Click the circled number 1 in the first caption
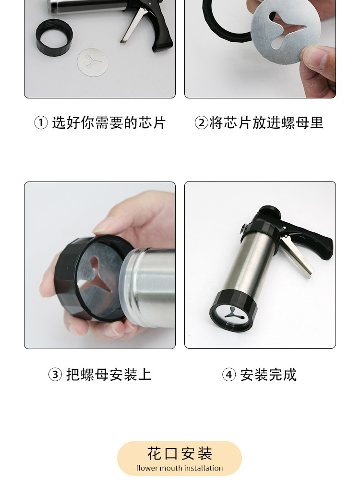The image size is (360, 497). (41, 123)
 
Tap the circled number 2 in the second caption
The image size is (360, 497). (202, 123)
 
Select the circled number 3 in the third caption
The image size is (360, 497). (55, 375)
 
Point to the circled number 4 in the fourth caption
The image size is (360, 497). (229, 375)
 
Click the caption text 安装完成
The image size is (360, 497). (268, 375)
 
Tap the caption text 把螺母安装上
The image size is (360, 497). (109, 375)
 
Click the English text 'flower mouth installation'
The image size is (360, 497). (180, 468)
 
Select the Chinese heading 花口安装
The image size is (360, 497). (180, 454)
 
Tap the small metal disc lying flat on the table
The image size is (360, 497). (93, 62)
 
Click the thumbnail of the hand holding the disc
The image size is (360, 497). (260, 49)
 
